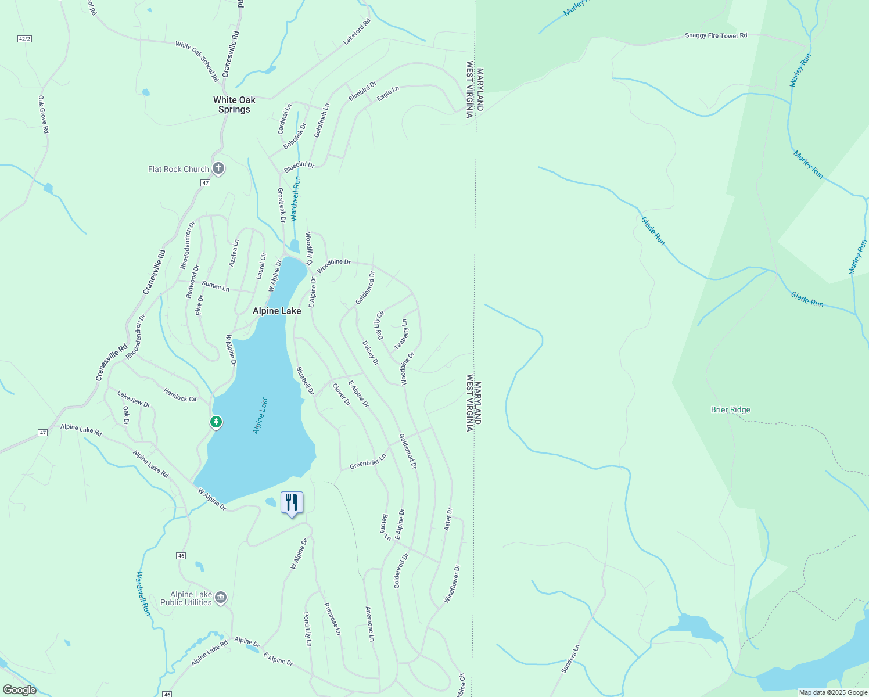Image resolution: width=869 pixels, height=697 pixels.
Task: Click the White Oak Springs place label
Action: click(x=234, y=105)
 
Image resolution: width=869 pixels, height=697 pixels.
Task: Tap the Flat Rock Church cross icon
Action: click(x=218, y=169)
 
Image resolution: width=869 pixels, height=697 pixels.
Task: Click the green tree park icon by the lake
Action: click(x=216, y=422)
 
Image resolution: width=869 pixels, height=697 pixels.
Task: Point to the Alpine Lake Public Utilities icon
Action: click(x=221, y=598)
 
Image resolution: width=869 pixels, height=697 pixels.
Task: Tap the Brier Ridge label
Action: click(x=730, y=409)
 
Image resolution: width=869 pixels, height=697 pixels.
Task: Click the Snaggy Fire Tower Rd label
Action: click(x=716, y=35)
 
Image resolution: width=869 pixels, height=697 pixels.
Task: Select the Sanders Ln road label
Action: click(x=570, y=659)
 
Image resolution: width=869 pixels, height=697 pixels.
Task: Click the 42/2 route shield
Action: click(x=24, y=39)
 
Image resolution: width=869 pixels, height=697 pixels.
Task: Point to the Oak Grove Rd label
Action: click(x=44, y=114)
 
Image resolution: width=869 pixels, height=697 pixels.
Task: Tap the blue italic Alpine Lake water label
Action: click(x=260, y=415)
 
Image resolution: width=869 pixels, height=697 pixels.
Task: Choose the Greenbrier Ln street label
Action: click(x=368, y=462)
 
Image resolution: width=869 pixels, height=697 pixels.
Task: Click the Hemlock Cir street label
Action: click(x=180, y=395)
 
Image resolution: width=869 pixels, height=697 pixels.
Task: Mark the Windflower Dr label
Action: click(x=452, y=583)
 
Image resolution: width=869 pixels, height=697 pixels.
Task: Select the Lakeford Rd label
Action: click(x=357, y=32)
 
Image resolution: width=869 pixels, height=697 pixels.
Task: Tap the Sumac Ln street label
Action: click(x=216, y=286)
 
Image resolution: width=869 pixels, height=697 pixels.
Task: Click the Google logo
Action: click(x=19, y=690)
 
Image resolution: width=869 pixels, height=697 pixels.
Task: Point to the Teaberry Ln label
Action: click(x=401, y=335)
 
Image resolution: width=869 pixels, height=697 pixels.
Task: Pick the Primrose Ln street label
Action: click(x=332, y=619)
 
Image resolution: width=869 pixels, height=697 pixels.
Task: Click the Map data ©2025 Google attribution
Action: click(x=833, y=692)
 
